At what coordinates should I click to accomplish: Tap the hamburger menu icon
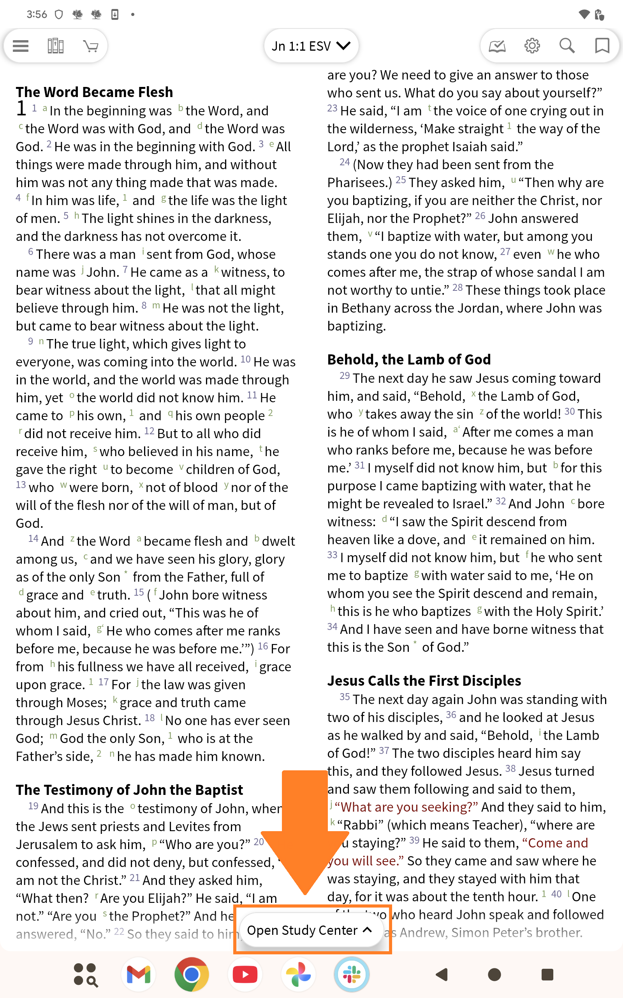click(x=21, y=46)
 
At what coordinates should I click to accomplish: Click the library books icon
click(x=55, y=46)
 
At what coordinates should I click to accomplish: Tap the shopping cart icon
click(x=91, y=46)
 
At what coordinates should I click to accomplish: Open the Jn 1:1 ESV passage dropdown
click(x=311, y=46)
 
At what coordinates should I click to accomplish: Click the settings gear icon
click(x=532, y=46)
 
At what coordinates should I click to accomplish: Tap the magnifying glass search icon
click(x=567, y=46)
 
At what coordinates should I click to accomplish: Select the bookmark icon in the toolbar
click(x=602, y=46)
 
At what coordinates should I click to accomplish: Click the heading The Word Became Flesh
click(x=94, y=92)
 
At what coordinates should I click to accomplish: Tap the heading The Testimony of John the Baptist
click(x=129, y=790)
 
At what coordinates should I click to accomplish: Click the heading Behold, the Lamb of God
click(x=409, y=359)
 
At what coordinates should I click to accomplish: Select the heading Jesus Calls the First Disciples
click(x=424, y=680)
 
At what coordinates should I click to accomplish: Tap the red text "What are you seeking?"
click(x=406, y=807)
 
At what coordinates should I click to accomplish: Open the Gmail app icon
click(x=139, y=975)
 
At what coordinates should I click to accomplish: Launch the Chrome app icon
click(x=192, y=975)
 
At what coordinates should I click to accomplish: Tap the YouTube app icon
click(x=245, y=975)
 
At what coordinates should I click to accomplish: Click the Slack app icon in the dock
click(x=352, y=975)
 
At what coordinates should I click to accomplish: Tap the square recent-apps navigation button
click(x=547, y=975)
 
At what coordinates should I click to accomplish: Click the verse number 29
click(x=345, y=376)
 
